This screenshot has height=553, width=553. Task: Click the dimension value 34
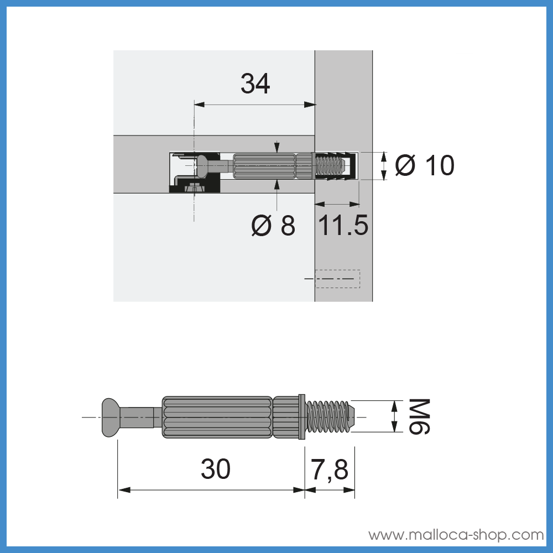[x=255, y=84]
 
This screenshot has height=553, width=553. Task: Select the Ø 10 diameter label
[x=425, y=166]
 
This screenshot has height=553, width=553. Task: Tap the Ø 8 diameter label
[x=273, y=226]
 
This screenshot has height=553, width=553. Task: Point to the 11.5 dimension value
[x=343, y=226]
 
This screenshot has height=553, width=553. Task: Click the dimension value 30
[x=215, y=470]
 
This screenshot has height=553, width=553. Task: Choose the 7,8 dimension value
[x=330, y=470]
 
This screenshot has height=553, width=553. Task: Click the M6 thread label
[x=419, y=416]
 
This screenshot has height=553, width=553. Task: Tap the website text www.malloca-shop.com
[x=456, y=535]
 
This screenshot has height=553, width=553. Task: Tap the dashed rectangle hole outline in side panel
[x=337, y=279]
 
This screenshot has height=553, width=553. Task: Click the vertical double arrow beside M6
[x=394, y=416]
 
